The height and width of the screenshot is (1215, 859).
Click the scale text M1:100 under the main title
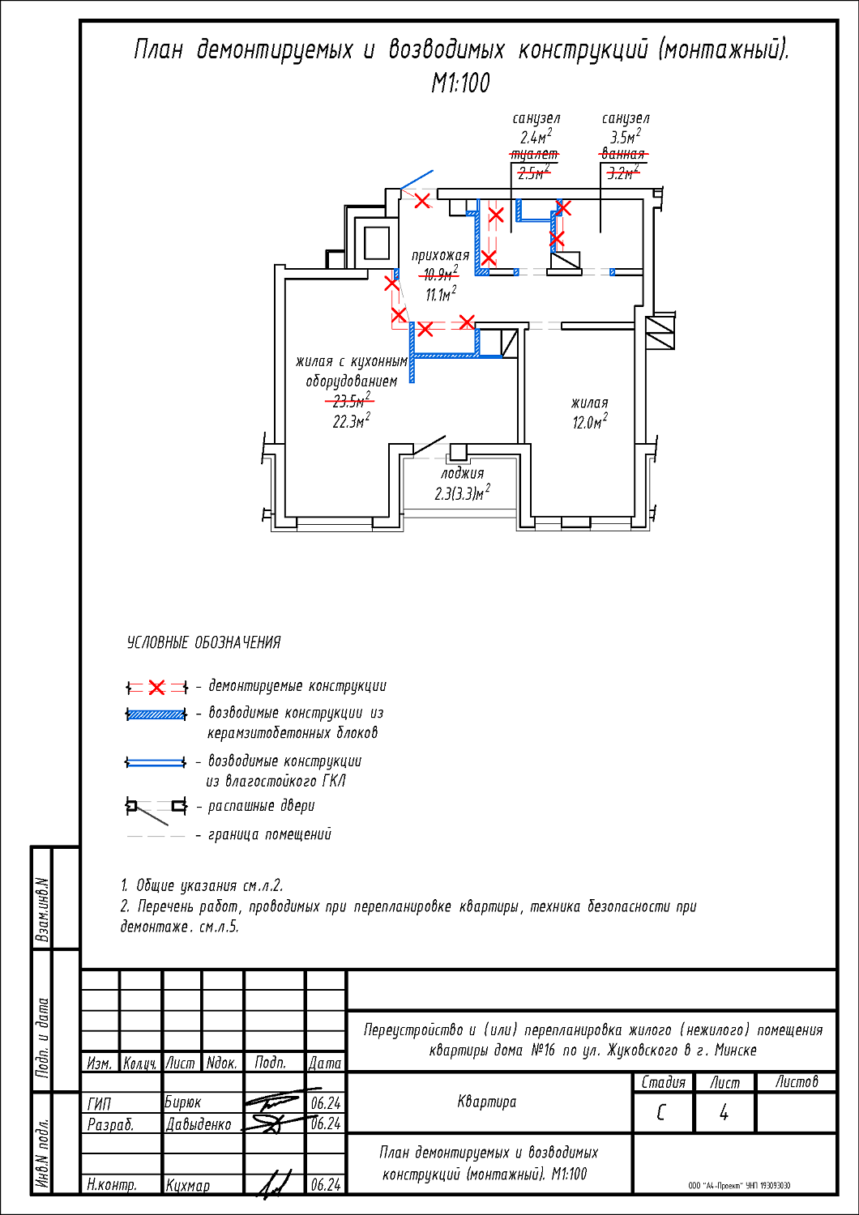460,83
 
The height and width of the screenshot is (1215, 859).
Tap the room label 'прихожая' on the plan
440,255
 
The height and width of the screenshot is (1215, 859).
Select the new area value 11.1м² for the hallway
441,293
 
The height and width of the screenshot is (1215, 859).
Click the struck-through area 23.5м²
351,401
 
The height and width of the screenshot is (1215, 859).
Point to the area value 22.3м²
351,421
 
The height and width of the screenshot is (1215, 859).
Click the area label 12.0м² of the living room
590,422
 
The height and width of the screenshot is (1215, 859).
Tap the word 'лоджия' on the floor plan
462,473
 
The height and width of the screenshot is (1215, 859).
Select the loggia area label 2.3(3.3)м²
462,493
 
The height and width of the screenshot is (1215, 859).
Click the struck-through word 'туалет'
534,154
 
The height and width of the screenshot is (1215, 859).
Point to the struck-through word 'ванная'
623,154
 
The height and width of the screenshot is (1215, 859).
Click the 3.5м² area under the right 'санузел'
626,136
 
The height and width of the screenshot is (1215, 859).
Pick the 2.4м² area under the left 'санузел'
536,136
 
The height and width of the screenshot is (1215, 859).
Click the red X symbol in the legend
157,688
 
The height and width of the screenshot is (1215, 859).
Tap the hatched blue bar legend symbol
156,714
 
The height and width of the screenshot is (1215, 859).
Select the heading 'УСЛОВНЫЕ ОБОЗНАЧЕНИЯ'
203,642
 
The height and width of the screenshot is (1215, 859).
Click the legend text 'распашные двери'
261,806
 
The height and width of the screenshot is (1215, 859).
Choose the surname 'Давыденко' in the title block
199,1124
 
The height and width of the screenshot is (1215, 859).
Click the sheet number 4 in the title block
724,1113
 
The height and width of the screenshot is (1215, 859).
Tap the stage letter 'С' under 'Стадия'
661,1113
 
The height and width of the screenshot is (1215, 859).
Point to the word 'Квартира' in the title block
486,1102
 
